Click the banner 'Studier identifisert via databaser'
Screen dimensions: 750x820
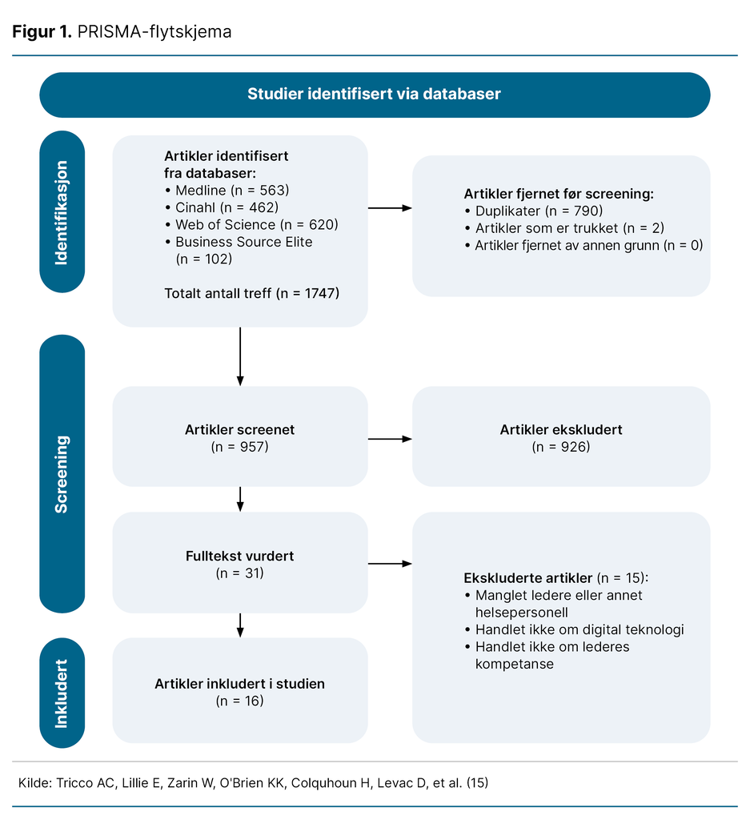pos(375,94)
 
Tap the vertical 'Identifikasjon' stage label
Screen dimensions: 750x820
pos(62,211)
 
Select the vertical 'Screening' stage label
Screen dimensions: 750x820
pos(62,474)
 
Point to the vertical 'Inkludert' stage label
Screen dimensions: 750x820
pos(62,693)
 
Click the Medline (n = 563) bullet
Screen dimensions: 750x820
pos(227,191)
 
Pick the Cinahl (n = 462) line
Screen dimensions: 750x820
pos(223,207)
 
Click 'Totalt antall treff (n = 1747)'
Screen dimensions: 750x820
pos(252,293)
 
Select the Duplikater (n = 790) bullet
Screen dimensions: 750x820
pos(534,211)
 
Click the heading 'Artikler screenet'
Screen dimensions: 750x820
pos(240,430)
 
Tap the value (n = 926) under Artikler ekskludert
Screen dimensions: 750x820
pos(561,447)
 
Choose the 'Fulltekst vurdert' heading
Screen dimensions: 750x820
pos(240,556)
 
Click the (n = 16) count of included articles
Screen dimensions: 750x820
pos(240,701)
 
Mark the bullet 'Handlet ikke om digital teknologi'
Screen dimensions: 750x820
pos(575,629)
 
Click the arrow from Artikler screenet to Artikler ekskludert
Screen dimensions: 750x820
pos(390,439)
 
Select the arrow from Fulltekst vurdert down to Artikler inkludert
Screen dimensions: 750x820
pos(240,625)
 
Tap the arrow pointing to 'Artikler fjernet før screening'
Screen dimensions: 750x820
pos(390,208)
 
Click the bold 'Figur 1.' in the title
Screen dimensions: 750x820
pos(42,32)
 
